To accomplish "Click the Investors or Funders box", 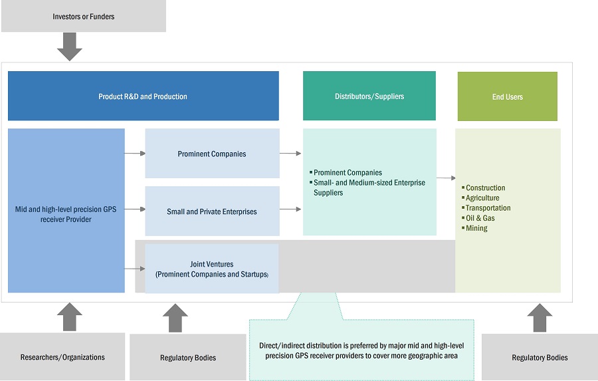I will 84,17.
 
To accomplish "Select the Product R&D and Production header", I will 143,96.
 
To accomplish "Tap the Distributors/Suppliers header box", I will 369,96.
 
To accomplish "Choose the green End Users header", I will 508,97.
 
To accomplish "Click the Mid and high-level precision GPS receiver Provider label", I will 66,214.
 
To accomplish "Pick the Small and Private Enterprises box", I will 212,211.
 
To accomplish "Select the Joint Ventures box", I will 212,269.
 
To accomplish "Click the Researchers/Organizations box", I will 62,357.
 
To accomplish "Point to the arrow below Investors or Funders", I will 70,46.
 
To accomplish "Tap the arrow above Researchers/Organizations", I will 70,317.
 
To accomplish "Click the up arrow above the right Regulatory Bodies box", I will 539,317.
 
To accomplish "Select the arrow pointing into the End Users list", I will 446,178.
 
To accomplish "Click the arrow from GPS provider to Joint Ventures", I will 135,269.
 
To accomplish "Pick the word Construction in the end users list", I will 486,188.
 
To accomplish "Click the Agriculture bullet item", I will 482,198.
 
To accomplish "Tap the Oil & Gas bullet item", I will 480,218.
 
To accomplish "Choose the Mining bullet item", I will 476,228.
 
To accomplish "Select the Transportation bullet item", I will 488,208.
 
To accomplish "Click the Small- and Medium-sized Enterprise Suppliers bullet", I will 369,188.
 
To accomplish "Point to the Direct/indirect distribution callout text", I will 361,350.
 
